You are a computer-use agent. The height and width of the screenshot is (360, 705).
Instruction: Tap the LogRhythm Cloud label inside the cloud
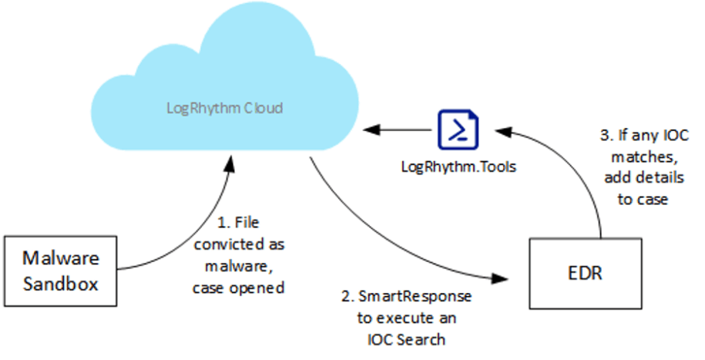224,108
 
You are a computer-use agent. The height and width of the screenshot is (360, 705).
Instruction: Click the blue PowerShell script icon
458,129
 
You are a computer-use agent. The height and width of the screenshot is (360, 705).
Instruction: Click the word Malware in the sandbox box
61,257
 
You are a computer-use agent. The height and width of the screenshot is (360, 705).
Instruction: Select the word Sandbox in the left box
61,282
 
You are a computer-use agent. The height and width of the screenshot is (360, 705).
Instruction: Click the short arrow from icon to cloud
398,130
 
